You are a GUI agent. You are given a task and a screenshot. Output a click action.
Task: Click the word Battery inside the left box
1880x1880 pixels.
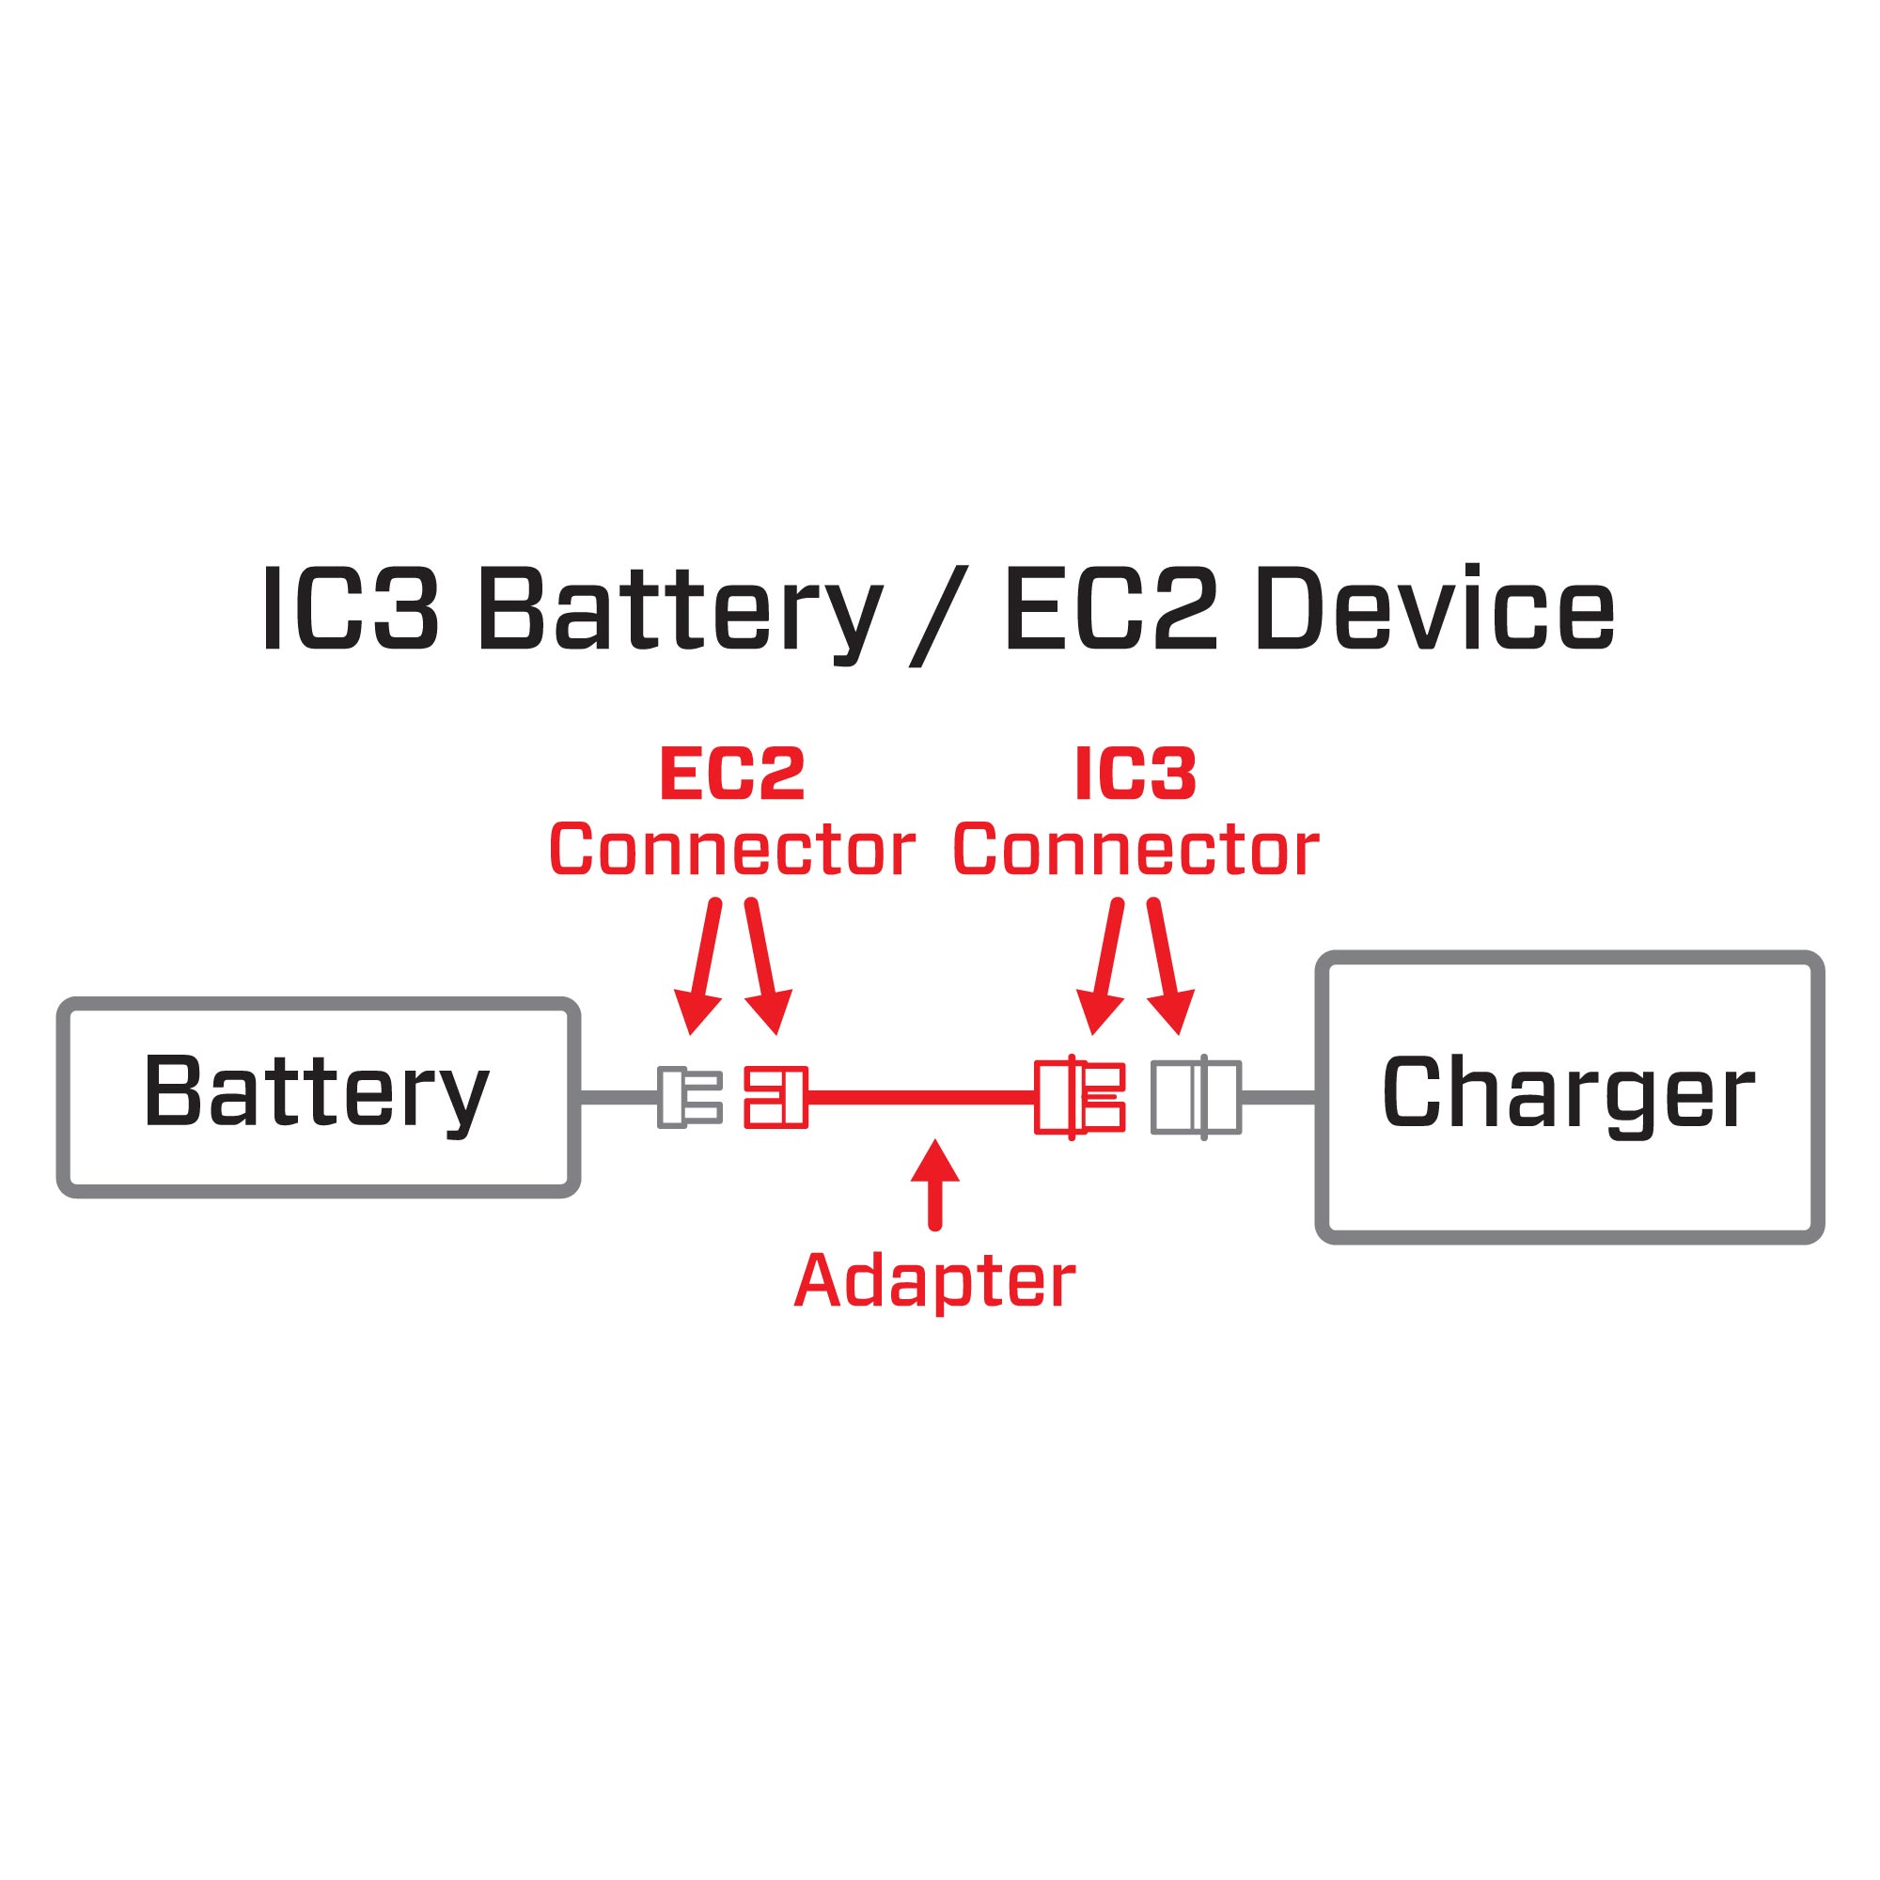(x=316, y=1093)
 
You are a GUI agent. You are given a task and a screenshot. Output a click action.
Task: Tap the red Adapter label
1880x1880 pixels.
(x=934, y=1280)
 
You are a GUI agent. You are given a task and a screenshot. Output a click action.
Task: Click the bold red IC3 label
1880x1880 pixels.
(x=1135, y=775)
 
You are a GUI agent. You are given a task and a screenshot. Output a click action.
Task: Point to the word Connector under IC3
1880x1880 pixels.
(x=1136, y=850)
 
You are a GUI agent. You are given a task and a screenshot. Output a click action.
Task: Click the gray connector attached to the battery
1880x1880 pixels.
(x=689, y=1098)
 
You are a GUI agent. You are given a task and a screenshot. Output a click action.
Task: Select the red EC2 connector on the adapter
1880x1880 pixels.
(x=775, y=1098)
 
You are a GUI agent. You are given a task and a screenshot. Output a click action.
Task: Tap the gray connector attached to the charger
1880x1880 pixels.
(x=1196, y=1098)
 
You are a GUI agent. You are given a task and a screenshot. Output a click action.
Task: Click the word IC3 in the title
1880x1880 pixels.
(x=351, y=610)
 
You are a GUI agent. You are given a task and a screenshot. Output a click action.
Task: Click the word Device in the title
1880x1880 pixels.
(x=1435, y=610)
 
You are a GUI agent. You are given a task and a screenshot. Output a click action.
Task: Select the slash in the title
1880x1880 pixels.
(x=940, y=616)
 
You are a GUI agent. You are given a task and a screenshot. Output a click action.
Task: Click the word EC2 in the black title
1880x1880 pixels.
(x=1109, y=610)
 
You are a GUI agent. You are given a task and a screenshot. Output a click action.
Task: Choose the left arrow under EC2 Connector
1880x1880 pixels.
(x=702, y=964)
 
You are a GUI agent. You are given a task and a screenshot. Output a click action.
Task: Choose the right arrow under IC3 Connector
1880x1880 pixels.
(x=1167, y=964)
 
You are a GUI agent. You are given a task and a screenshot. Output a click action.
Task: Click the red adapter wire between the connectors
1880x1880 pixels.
(x=919, y=1098)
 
